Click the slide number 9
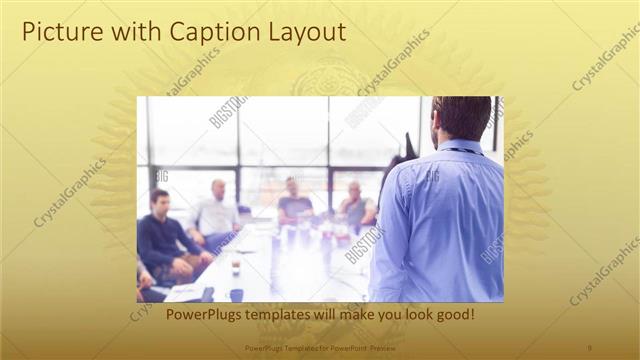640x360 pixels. point(590,347)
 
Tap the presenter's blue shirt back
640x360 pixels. point(440,220)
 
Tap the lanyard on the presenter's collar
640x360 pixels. point(459,150)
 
